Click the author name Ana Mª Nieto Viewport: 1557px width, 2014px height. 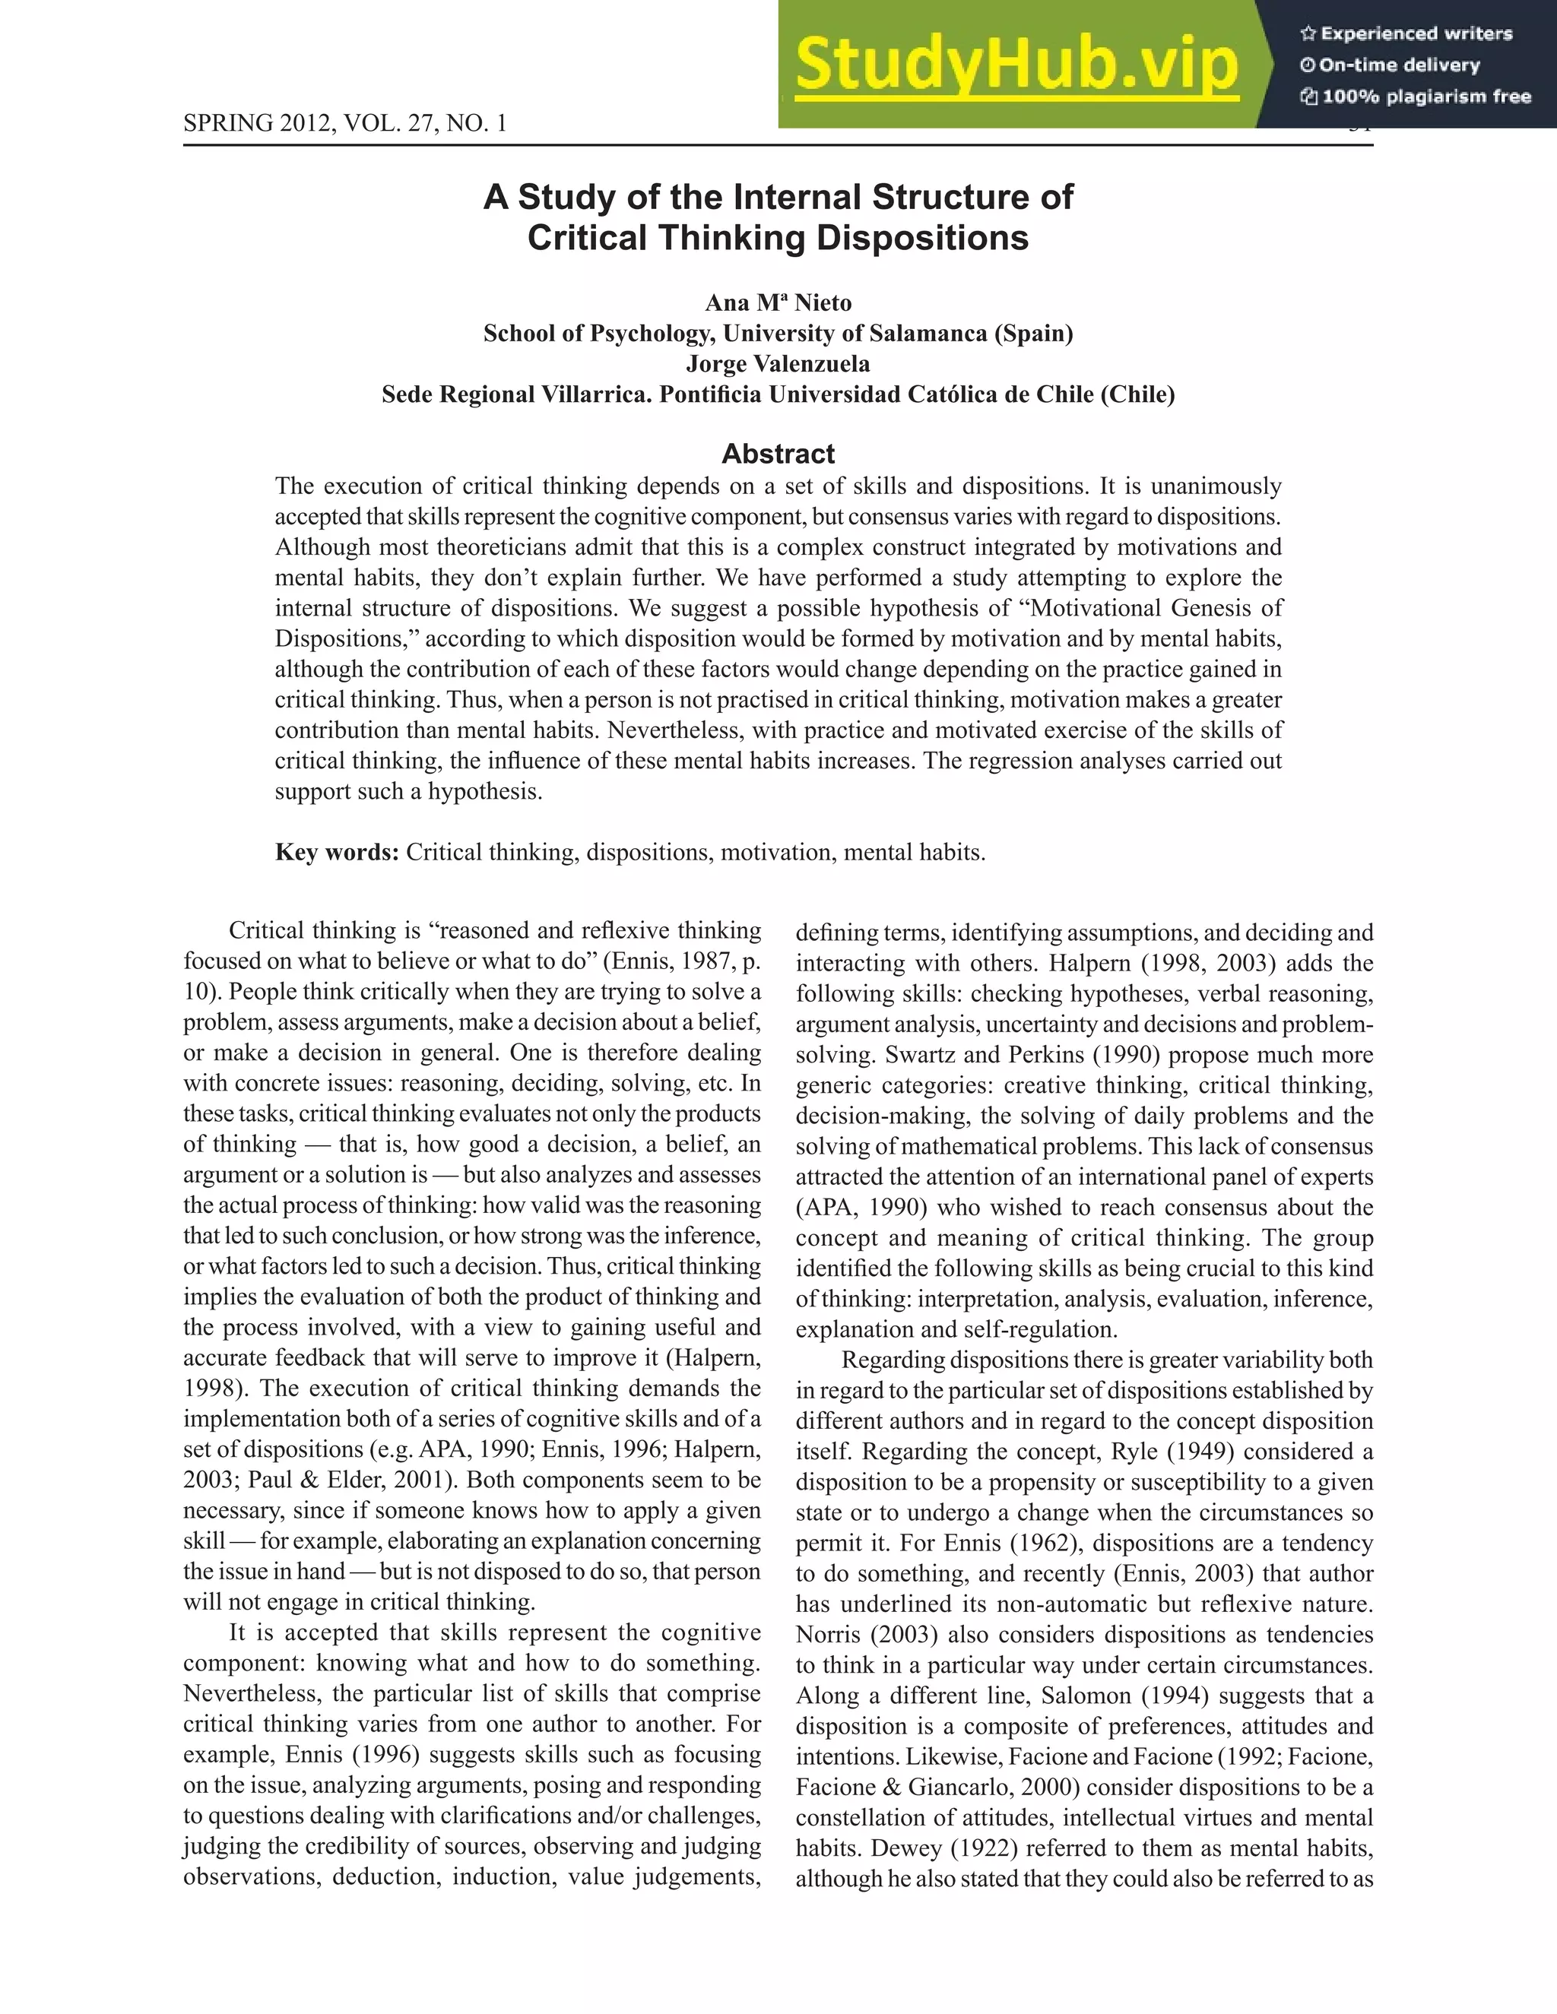point(778,303)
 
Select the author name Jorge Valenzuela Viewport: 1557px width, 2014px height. point(778,364)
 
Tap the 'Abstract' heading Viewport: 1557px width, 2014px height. point(778,454)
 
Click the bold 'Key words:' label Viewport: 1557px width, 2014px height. point(337,852)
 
